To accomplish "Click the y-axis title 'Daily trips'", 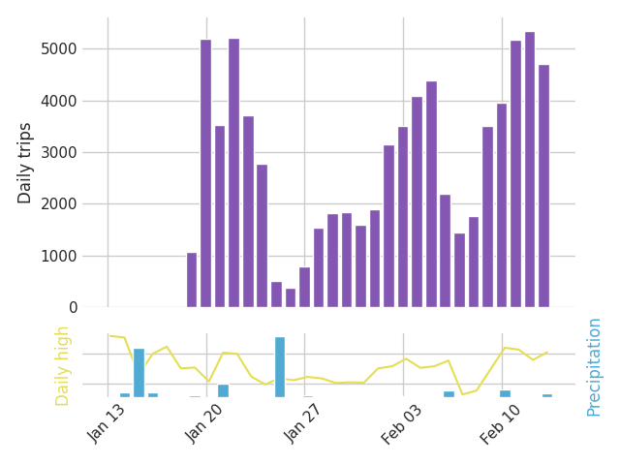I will point(25,163).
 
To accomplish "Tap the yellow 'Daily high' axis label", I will point(63,365).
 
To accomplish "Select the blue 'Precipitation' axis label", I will point(594,366).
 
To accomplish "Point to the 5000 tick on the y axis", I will point(66,49).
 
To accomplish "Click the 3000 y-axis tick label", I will point(66,153).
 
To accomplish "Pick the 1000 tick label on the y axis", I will point(66,257).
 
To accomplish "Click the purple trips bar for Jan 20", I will point(205,174).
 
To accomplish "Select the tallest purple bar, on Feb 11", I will point(529,170).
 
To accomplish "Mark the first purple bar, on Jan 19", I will point(192,280).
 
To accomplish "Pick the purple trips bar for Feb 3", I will point(403,217).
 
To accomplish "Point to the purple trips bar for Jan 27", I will point(304,288).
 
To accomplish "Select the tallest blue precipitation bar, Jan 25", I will point(280,367).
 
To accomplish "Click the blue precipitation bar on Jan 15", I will point(139,373).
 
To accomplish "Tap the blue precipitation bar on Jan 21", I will point(223,390).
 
